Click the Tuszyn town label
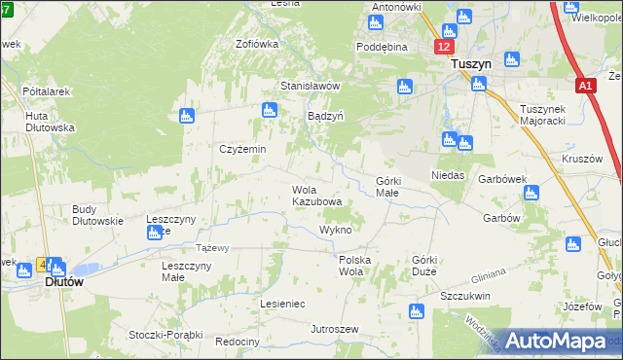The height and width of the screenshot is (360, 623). (x=471, y=63)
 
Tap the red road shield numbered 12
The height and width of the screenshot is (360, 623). (x=444, y=47)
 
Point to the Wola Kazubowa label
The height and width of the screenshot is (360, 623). (x=317, y=196)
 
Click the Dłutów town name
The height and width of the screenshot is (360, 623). (x=64, y=281)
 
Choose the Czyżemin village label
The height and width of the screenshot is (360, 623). (x=242, y=149)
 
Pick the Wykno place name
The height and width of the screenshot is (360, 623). (x=335, y=230)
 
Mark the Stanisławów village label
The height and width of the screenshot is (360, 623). (x=310, y=85)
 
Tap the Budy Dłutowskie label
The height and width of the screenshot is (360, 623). (x=97, y=214)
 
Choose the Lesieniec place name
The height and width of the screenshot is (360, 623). (x=282, y=304)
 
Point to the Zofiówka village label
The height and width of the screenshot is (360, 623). (x=257, y=44)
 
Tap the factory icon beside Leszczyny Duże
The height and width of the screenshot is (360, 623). (x=155, y=233)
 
